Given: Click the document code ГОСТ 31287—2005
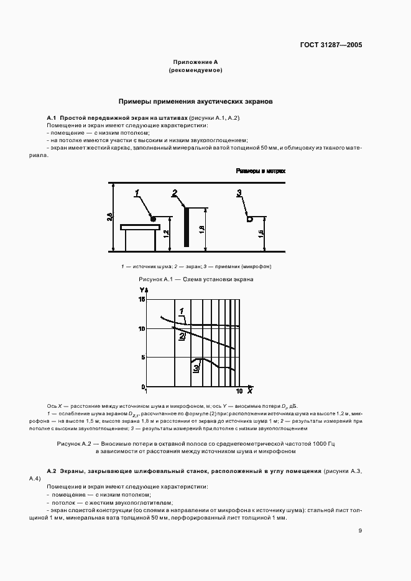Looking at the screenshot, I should pyautogui.click(x=333, y=45).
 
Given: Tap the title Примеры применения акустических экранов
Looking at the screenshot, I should pyautogui.click(x=196, y=100).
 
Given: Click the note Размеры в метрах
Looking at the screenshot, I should pyautogui.click(x=259, y=171).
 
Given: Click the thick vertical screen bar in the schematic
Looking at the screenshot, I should pyautogui.click(x=185, y=227).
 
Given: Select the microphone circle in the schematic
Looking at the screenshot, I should pyautogui.click(x=249, y=218).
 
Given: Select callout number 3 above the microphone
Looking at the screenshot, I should pyautogui.click(x=239, y=194).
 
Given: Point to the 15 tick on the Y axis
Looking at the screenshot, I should pyautogui.click(x=141, y=299).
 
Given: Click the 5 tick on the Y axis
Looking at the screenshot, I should pyautogui.click(x=142, y=357).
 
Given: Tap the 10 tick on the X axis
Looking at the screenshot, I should pyautogui.click(x=239, y=392).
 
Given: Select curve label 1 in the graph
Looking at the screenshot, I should pyautogui.click(x=182, y=311).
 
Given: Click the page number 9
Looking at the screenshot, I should pyautogui.click(x=360, y=531).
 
